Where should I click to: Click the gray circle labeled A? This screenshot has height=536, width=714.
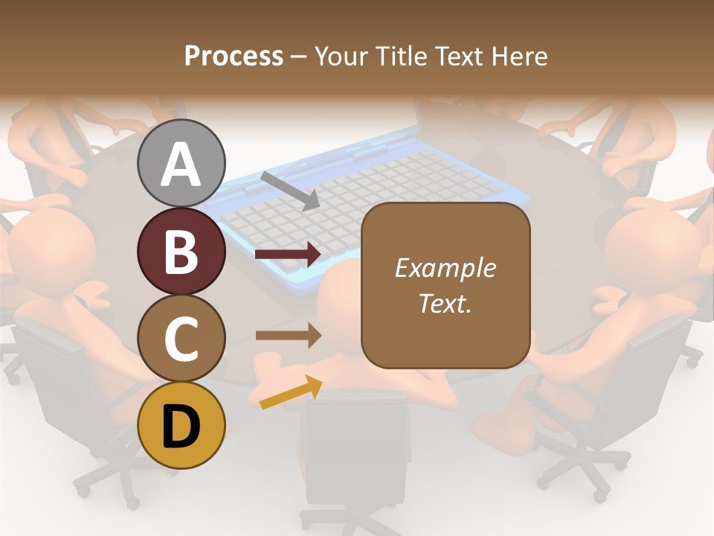pyautogui.click(x=181, y=163)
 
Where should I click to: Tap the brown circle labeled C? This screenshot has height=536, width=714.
pyautogui.click(x=181, y=338)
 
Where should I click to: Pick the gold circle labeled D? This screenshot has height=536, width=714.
pyautogui.click(x=181, y=425)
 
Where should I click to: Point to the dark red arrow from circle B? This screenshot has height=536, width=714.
pyautogui.click(x=288, y=255)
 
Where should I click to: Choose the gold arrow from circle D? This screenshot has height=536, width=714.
pyautogui.click(x=291, y=392)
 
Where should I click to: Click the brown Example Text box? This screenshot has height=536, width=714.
pyautogui.click(x=445, y=285)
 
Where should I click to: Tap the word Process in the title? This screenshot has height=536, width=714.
pyautogui.click(x=234, y=57)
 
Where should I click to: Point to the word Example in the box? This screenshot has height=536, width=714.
pyautogui.click(x=445, y=268)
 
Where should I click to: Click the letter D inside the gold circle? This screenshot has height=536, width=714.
pyautogui.click(x=181, y=426)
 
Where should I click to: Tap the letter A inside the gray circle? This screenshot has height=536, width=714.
pyautogui.click(x=181, y=165)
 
